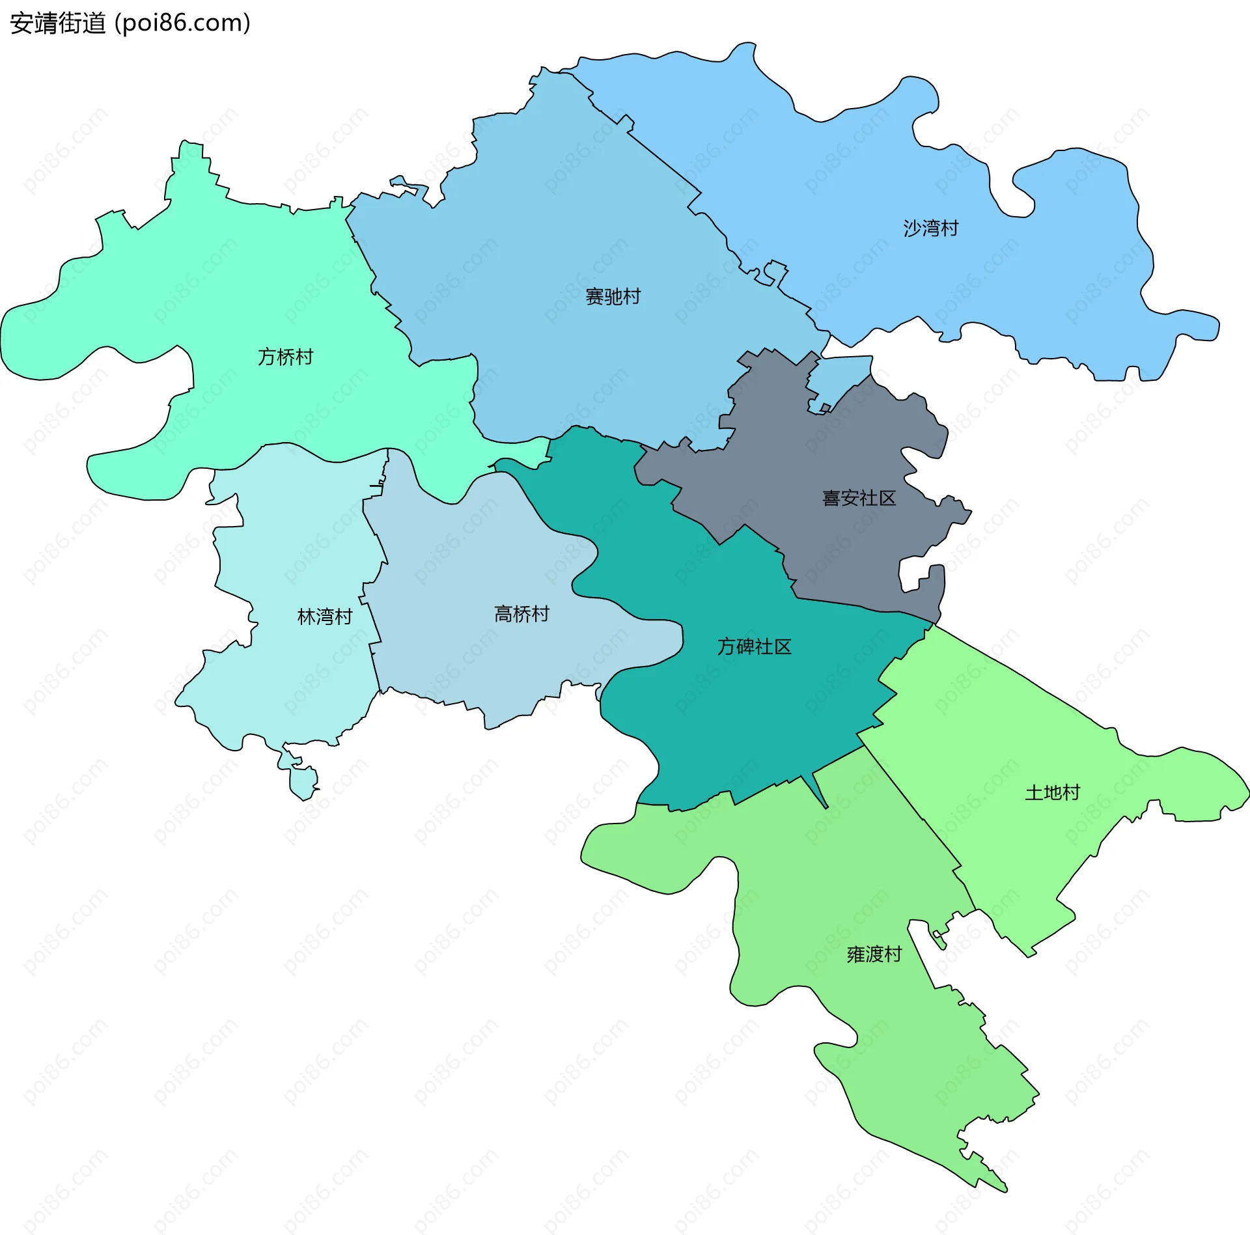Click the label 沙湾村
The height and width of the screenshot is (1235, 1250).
(x=930, y=229)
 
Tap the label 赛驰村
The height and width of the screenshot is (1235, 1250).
(x=613, y=297)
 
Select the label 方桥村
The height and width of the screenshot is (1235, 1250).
(x=285, y=357)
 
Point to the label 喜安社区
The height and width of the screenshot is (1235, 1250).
(x=859, y=498)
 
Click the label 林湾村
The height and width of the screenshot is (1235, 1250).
(x=324, y=617)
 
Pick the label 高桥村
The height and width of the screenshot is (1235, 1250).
(x=521, y=614)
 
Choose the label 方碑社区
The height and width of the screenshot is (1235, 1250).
(x=754, y=646)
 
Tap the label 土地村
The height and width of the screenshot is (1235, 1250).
(x=1052, y=792)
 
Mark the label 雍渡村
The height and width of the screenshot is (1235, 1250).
(x=874, y=954)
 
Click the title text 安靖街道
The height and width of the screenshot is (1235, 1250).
(x=58, y=23)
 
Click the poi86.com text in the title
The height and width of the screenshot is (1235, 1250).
(x=182, y=23)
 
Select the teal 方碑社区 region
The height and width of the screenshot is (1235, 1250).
(x=749, y=716)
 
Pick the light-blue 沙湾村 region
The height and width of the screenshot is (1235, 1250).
(x=846, y=163)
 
